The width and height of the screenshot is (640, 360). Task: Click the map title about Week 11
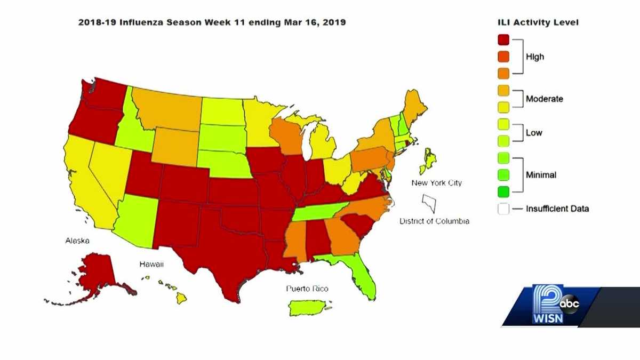pyautogui.click(x=212, y=22)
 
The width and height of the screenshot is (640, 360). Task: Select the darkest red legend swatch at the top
pyautogui.click(x=503, y=40)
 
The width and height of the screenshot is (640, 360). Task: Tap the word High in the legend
pyautogui.click(x=535, y=57)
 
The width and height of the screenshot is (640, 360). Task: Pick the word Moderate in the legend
pyautogui.click(x=544, y=99)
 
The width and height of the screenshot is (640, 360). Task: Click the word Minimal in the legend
pyautogui.click(x=541, y=174)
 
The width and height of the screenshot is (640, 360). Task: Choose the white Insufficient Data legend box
pyautogui.click(x=503, y=209)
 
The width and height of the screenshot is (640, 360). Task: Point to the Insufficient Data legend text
pyautogui.click(x=557, y=209)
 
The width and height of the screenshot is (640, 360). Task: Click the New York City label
pyautogui.click(x=436, y=183)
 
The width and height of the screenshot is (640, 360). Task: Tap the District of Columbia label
pyautogui.click(x=434, y=221)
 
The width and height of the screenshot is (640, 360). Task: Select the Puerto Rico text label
pyautogui.click(x=307, y=289)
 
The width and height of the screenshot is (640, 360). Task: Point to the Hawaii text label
pyautogui.click(x=151, y=264)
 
